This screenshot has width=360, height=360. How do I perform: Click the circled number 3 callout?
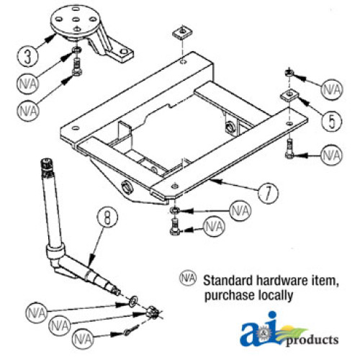click(x=27, y=57)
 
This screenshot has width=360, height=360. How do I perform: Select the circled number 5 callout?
click(x=332, y=122)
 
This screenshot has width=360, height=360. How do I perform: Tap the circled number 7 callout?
click(x=268, y=194)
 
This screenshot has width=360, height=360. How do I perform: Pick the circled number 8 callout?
click(x=107, y=217)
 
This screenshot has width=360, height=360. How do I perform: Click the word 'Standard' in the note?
click(x=228, y=280)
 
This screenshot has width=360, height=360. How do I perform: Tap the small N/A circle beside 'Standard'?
click(x=188, y=278)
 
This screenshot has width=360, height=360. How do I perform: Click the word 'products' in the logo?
click(x=312, y=340)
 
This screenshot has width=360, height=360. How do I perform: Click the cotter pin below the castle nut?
click(x=132, y=330)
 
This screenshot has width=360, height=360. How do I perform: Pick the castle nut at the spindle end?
click(x=153, y=312)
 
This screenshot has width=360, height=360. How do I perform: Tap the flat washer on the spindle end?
click(x=133, y=301)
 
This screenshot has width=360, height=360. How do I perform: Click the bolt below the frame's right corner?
click(x=289, y=149)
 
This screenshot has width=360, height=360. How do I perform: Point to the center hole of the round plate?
click(x=76, y=19)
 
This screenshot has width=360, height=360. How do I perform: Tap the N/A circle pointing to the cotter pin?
click(x=83, y=339)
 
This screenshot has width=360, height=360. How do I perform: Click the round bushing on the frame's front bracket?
click(x=127, y=188)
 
